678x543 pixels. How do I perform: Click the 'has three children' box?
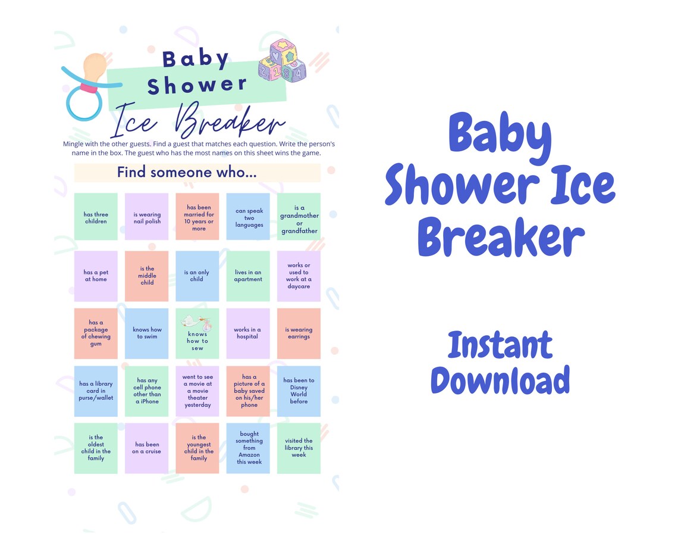coord(96,217)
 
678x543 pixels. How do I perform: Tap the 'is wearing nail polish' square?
coord(147,217)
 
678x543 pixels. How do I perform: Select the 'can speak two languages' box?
coord(249,217)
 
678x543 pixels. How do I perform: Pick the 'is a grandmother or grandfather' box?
coord(299,217)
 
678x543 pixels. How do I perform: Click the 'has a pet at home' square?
coord(96,276)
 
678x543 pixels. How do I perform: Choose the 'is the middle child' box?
coord(147,276)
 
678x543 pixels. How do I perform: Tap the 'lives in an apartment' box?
coord(249,276)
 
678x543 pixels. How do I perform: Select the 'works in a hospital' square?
coord(249,333)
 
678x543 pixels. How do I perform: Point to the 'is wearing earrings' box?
coord(299,333)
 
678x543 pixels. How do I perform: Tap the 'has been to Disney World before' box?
coord(299,391)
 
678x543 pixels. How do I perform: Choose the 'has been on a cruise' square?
coord(147,448)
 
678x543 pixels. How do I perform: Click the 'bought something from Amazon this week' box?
coord(249,448)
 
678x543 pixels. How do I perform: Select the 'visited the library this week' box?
coord(299,448)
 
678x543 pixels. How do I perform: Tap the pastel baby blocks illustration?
coord(282,61)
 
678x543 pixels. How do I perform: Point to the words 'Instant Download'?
coord(500,363)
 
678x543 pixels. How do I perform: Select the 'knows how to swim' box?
coord(147,333)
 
